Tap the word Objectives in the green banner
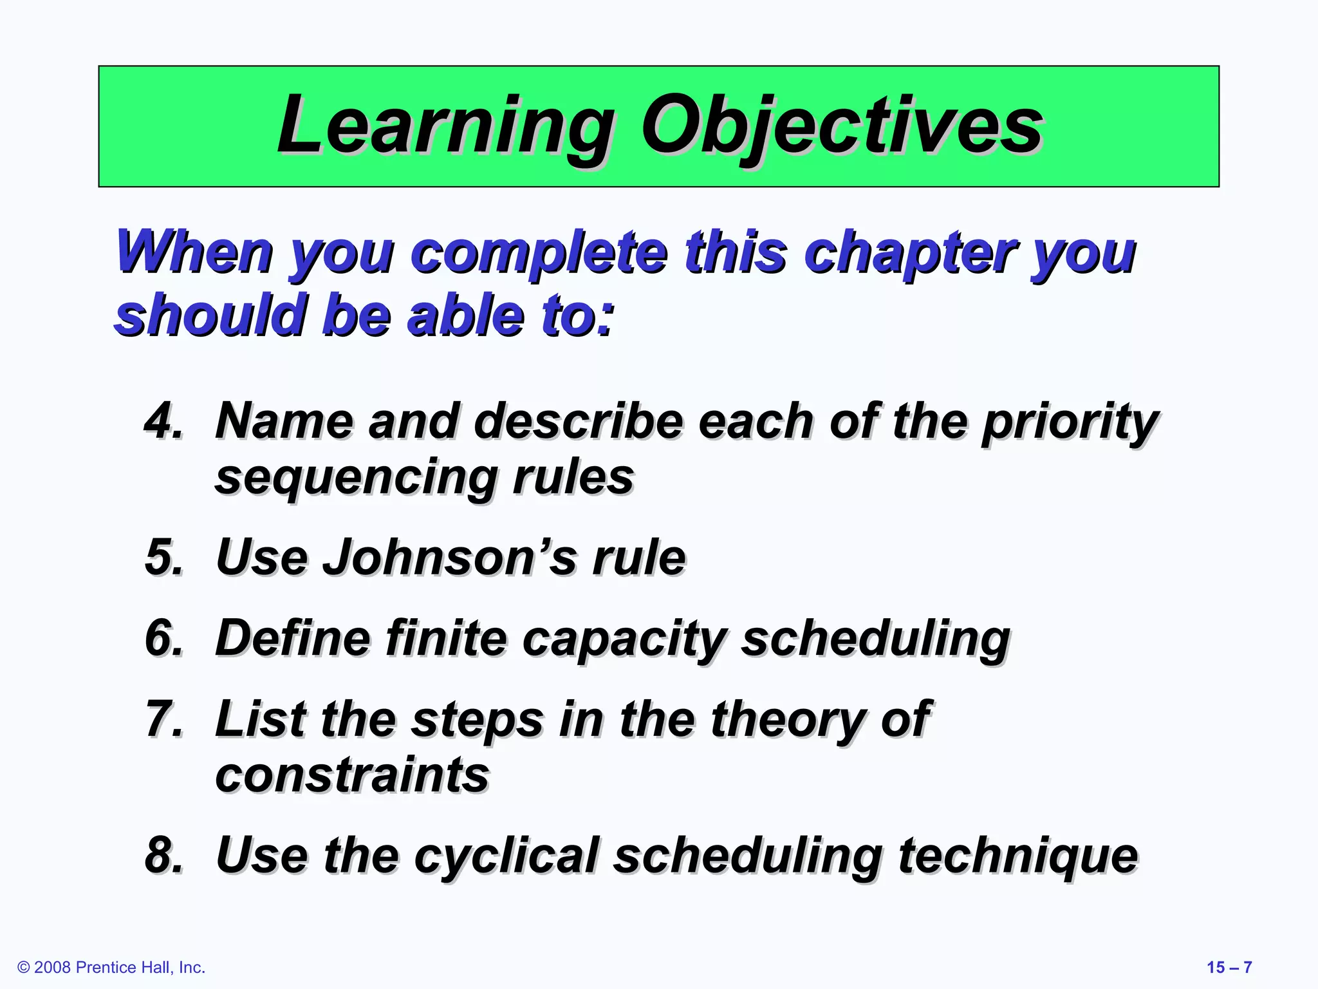[840, 126]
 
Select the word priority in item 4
[1070, 422]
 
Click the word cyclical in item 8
[506, 856]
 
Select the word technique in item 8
[1017, 856]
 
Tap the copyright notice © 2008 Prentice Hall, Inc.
[111, 967]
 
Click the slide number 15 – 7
[1229, 967]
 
